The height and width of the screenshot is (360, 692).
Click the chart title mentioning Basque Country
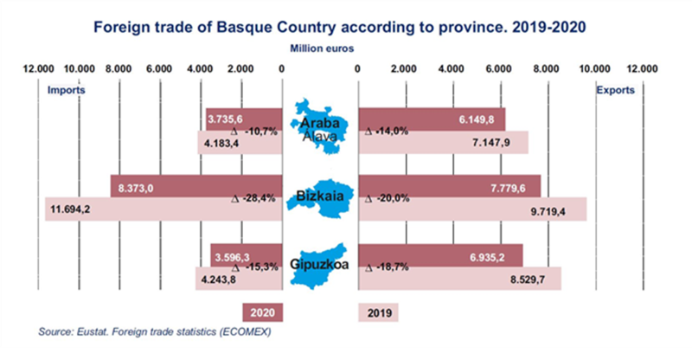[339, 28]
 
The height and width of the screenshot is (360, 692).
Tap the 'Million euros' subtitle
[322, 48]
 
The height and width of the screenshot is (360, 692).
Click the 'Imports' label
[67, 90]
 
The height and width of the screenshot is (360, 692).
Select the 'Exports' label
[615, 90]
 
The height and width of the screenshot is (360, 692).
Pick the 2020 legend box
[263, 312]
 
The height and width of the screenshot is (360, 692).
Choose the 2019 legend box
[379, 312]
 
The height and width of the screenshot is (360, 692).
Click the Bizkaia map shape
[320, 198]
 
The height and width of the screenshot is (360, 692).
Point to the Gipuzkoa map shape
[318, 267]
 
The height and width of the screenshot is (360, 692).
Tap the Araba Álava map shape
[320, 126]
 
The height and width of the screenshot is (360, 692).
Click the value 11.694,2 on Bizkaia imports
[70, 209]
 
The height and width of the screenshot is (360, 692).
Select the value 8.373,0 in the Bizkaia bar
[136, 189]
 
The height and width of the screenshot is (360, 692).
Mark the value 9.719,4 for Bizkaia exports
[548, 212]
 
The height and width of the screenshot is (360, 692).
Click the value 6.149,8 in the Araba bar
[477, 119]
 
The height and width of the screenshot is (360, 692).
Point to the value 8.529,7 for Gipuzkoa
[528, 280]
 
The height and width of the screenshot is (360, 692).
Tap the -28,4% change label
[253, 199]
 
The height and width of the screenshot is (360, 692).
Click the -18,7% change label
[387, 267]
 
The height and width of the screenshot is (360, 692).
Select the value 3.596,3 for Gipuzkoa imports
[232, 257]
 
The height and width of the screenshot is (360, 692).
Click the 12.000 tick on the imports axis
[38, 69]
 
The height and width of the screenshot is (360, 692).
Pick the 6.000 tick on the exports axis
[498, 69]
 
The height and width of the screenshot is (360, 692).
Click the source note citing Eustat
[155, 331]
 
